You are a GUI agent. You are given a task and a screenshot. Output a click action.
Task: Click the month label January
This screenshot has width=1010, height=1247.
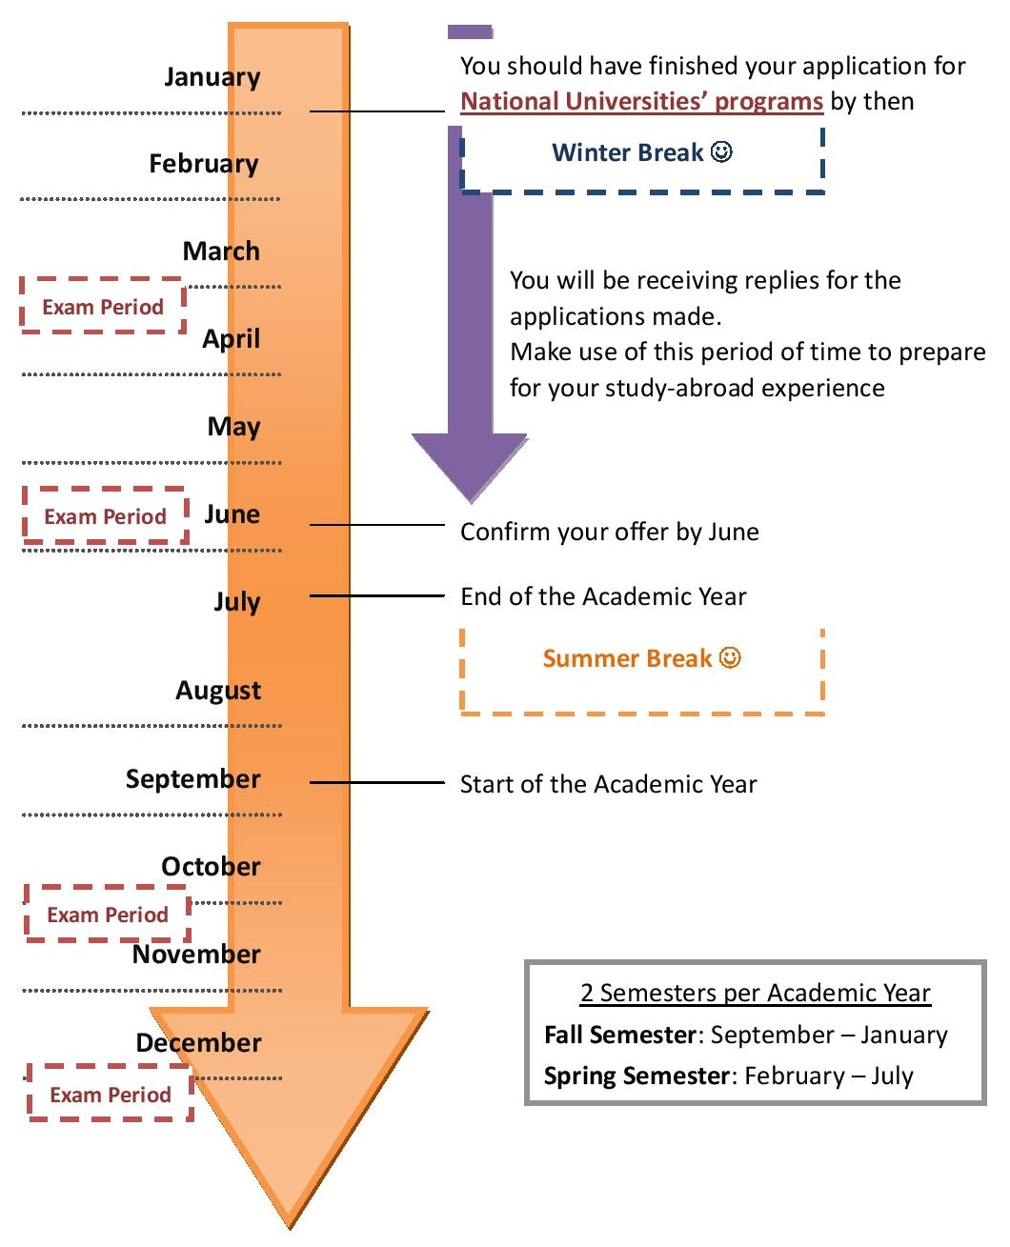212,76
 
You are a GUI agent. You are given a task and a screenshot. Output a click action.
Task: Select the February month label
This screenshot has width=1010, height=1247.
203,164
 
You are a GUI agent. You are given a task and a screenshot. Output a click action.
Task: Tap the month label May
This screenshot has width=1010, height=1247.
233,426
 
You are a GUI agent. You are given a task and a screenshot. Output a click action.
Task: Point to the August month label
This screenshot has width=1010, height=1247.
217,690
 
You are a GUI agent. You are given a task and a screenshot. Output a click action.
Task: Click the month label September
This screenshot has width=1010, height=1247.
192,778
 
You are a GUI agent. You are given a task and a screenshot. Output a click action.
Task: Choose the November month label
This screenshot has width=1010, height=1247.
195,954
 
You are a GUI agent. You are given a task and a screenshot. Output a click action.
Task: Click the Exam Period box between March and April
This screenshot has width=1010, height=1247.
103,307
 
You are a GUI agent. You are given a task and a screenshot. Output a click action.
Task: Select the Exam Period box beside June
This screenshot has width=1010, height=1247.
105,516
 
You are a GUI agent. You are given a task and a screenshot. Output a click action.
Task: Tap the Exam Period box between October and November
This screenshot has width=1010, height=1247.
108,915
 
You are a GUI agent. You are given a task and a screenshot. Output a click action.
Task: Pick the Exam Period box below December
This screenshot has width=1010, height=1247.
111,1095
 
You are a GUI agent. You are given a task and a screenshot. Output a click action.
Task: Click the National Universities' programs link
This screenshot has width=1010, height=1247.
641,102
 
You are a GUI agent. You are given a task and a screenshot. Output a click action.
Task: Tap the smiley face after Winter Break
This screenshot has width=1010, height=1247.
722,152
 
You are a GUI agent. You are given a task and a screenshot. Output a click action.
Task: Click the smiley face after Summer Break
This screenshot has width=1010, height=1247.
730,658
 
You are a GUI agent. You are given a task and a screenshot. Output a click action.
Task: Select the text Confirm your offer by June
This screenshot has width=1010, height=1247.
609,532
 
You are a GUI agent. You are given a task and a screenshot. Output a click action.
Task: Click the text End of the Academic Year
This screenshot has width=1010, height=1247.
603,596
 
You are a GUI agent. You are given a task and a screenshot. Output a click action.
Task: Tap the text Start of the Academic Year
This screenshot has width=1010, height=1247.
608,784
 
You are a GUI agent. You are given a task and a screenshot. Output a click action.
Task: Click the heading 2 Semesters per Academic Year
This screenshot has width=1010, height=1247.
755,993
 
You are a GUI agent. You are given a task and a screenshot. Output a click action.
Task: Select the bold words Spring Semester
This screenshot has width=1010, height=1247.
636,1076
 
